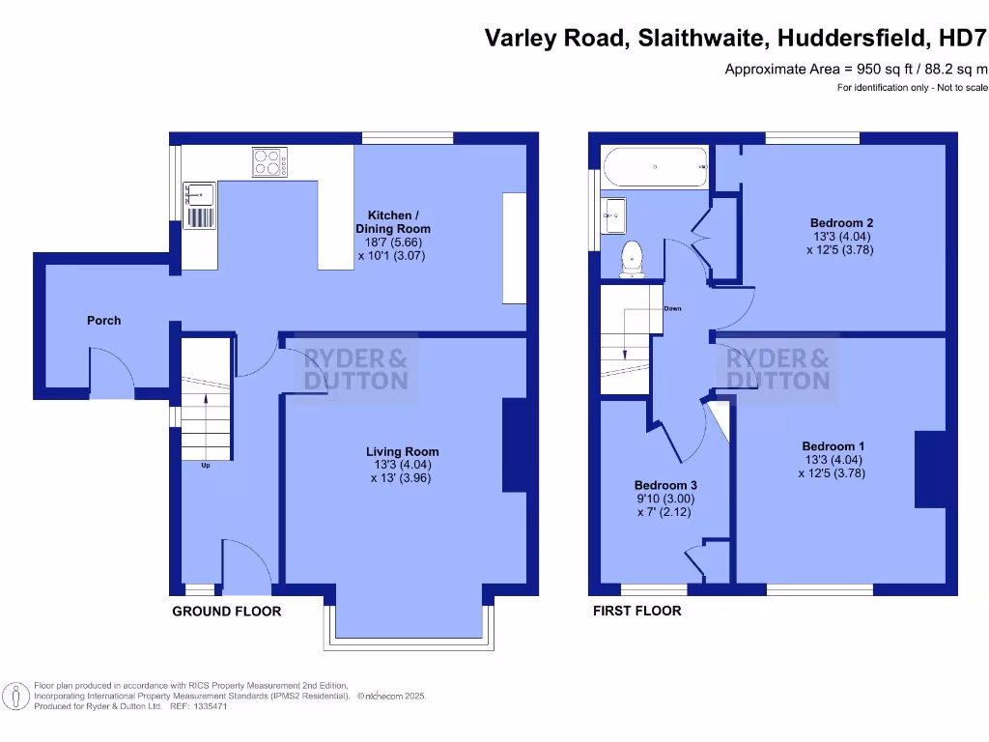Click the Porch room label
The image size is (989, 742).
tap(104, 320)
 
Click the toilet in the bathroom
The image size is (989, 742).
tap(633, 258)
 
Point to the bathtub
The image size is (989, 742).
tap(655, 166)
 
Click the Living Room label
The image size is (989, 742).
tap(402, 451)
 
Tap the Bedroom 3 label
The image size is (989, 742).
tap(665, 485)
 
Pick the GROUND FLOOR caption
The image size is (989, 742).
tap(227, 612)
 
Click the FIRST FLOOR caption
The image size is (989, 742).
tap(636, 612)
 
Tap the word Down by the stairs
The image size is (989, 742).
tap(672, 309)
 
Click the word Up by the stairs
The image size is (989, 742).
tap(206, 466)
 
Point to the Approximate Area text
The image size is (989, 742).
tap(856, 69)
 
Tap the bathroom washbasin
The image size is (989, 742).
tap(614, 216)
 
